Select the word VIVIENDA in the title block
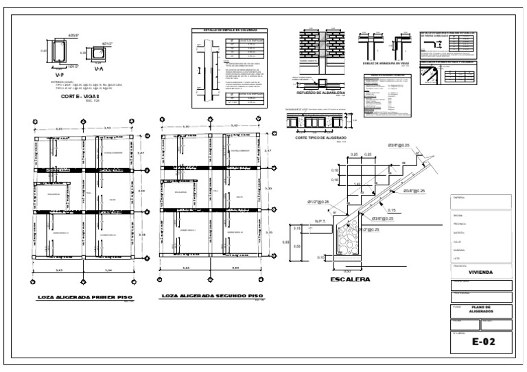click(480, 272)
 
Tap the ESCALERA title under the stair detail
click(351, 279)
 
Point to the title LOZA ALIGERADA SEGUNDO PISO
click(211, 297)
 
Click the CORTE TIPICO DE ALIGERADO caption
click(320, 137)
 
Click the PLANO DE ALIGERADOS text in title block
click(480, 309)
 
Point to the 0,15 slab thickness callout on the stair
click(391, 210)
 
